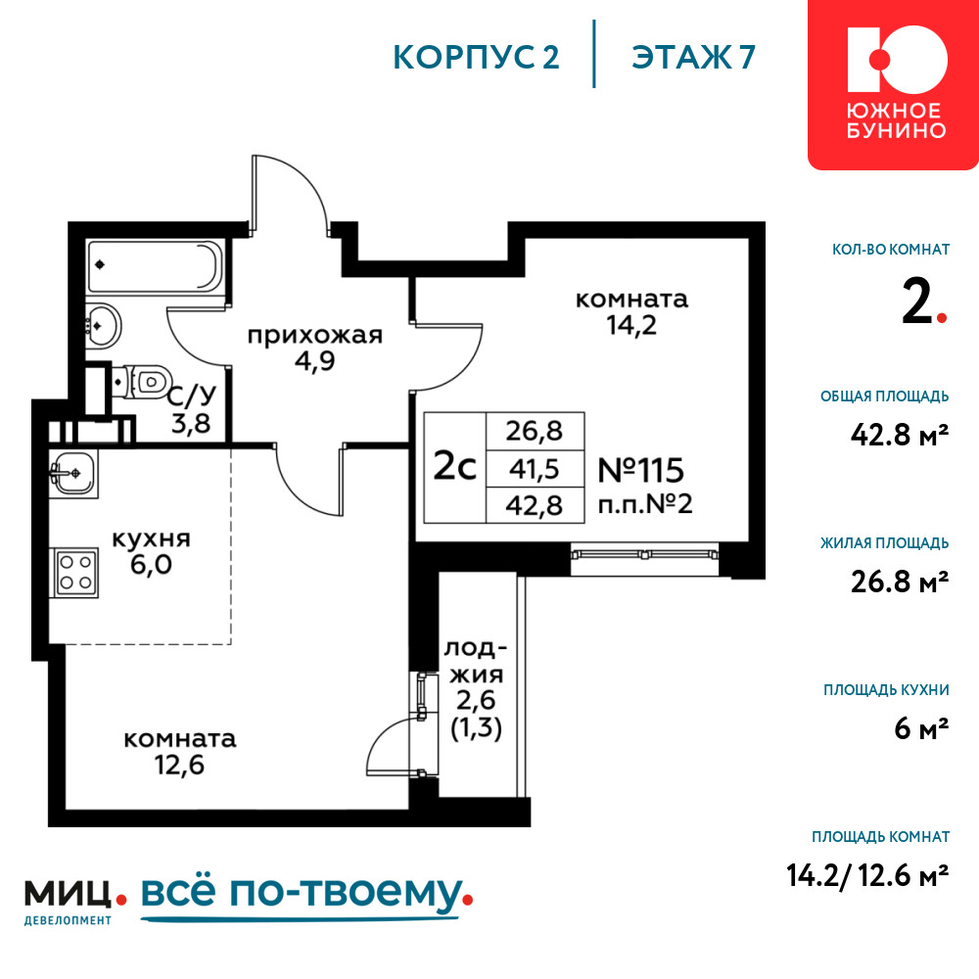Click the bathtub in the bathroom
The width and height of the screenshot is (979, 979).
[155, 267]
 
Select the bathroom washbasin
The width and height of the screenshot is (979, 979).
[103, 325]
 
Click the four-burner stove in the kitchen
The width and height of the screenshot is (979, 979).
[75, 573]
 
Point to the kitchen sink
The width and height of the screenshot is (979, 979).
[73, 474]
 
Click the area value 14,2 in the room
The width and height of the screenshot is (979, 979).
[631, 325]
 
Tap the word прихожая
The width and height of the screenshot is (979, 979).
[314, 336]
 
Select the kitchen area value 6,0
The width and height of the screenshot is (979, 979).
[151, 565]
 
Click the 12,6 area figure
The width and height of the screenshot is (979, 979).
[180, 765]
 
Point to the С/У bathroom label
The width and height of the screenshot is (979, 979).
[192, 395]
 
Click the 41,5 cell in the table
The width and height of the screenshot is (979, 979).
[535, 468]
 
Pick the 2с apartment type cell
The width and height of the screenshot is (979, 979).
[454, 466]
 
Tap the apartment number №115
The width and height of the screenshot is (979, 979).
[640, 470]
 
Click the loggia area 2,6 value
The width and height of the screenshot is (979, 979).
[476, 701]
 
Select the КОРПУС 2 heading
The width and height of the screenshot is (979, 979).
[476, 57]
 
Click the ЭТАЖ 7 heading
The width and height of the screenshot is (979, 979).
[693, 57]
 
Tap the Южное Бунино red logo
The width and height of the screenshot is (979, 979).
[893, 83]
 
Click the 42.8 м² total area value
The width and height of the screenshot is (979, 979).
[900, 435]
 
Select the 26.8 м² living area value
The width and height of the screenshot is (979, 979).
[900, 582]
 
